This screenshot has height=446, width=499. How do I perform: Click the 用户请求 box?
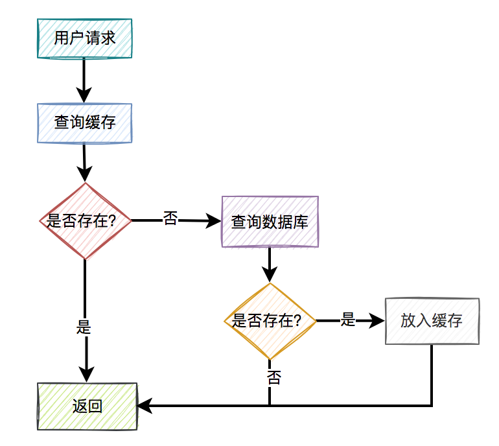tap(85, 38)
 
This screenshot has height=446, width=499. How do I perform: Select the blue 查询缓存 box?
tap(85, 123)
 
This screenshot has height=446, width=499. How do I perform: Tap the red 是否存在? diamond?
tap(85, 221)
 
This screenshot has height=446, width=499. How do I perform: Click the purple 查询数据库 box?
tap(270, 222)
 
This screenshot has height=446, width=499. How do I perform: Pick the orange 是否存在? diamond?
tap(270, 321)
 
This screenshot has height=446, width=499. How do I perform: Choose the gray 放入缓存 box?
tap(432, 321)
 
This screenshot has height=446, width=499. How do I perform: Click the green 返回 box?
tap(87, 406)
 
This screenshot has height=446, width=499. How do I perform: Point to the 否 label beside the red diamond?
tap(170, 218)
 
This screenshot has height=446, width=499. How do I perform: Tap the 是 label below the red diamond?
tap(84, 327)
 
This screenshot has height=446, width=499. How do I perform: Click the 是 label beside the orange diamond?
tap(348, 320)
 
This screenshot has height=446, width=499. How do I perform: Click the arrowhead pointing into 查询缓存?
tap(84, 97)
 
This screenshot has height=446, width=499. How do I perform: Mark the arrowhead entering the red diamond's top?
tap(85, 175)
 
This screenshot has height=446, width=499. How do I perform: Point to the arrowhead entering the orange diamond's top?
tap(270, 276)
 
